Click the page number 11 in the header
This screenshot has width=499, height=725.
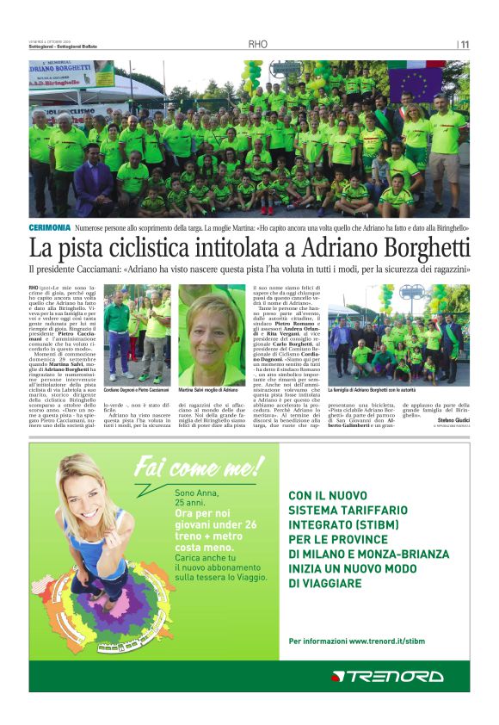tap(464, 45)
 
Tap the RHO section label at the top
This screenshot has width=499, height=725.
tap(257, 45)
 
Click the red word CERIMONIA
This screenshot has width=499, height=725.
tap(49, 226)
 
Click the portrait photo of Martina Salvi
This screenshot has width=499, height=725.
tap(212, 334)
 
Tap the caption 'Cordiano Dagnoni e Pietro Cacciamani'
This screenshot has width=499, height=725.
tap(137, 390)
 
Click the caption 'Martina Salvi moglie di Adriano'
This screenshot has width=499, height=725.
tap(212, 390)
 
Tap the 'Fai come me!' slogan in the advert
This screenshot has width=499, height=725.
tap(197, 468)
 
